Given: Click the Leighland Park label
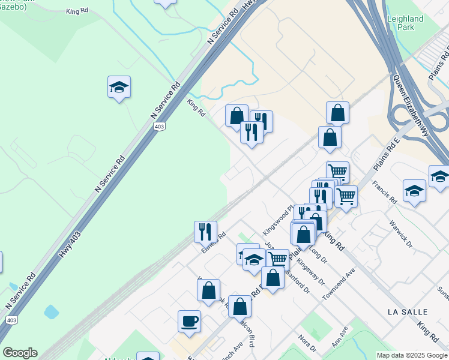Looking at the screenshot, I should tap(405, 23).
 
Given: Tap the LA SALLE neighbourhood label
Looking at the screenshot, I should tap(408, 312).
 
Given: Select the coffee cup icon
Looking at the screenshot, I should tap(189, 322).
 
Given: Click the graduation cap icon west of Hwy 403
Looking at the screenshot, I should tap(119, 88).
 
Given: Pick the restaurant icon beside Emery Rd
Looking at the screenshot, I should tap(205, 232).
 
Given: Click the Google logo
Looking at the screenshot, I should tap(20, 353).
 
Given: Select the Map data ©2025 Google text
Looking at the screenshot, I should tap(411, 355).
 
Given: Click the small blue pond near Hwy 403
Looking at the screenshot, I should tap(52, 312).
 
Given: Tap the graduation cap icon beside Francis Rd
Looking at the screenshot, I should tap(414, 191).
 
